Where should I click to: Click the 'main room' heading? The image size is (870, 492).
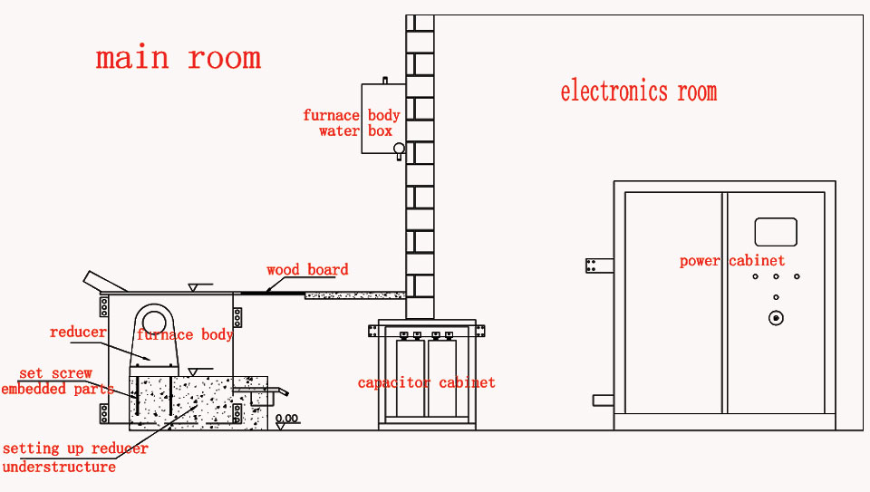click(179, 58)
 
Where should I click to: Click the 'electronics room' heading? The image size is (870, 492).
click(638, 92)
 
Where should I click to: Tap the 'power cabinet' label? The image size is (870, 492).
click(732, 261)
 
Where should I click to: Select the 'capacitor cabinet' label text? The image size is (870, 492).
click(426, 383)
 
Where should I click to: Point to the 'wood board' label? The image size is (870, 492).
click(307, 270)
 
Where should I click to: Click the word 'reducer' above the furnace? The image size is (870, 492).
click(78, 333)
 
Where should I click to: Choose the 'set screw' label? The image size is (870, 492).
click(56, 373)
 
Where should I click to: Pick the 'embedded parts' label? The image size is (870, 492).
click(57, 390)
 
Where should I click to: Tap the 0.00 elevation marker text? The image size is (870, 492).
click(287, 419)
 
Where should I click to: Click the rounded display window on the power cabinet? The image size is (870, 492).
click(776, 232)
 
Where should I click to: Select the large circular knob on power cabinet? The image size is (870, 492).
click(776, 318)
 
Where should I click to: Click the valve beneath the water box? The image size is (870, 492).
click(398, 150)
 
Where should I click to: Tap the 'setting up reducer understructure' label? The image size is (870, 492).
click(74, 458)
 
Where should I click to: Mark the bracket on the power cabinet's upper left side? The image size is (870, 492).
click(599, 265)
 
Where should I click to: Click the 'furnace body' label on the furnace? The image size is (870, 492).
click(185, 335)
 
